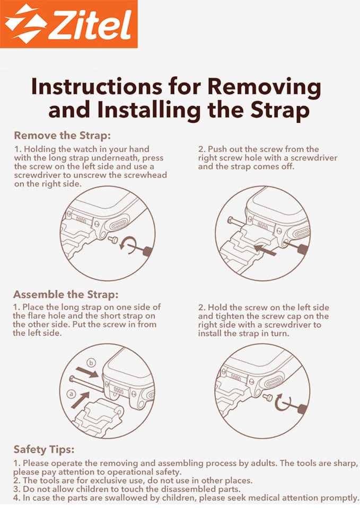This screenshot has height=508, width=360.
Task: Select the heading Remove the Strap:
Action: [62, 135]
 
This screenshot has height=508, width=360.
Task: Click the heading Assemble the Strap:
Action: [66, 295]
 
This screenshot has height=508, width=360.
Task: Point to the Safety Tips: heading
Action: [44, 450]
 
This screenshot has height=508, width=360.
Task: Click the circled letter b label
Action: [91, 362]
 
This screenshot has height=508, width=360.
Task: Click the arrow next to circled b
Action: [86, 372]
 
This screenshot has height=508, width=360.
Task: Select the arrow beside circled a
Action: [80, 400]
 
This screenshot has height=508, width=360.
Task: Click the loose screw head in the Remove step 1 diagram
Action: [113, 240]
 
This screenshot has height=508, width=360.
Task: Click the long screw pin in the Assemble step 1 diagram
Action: [86, 384]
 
